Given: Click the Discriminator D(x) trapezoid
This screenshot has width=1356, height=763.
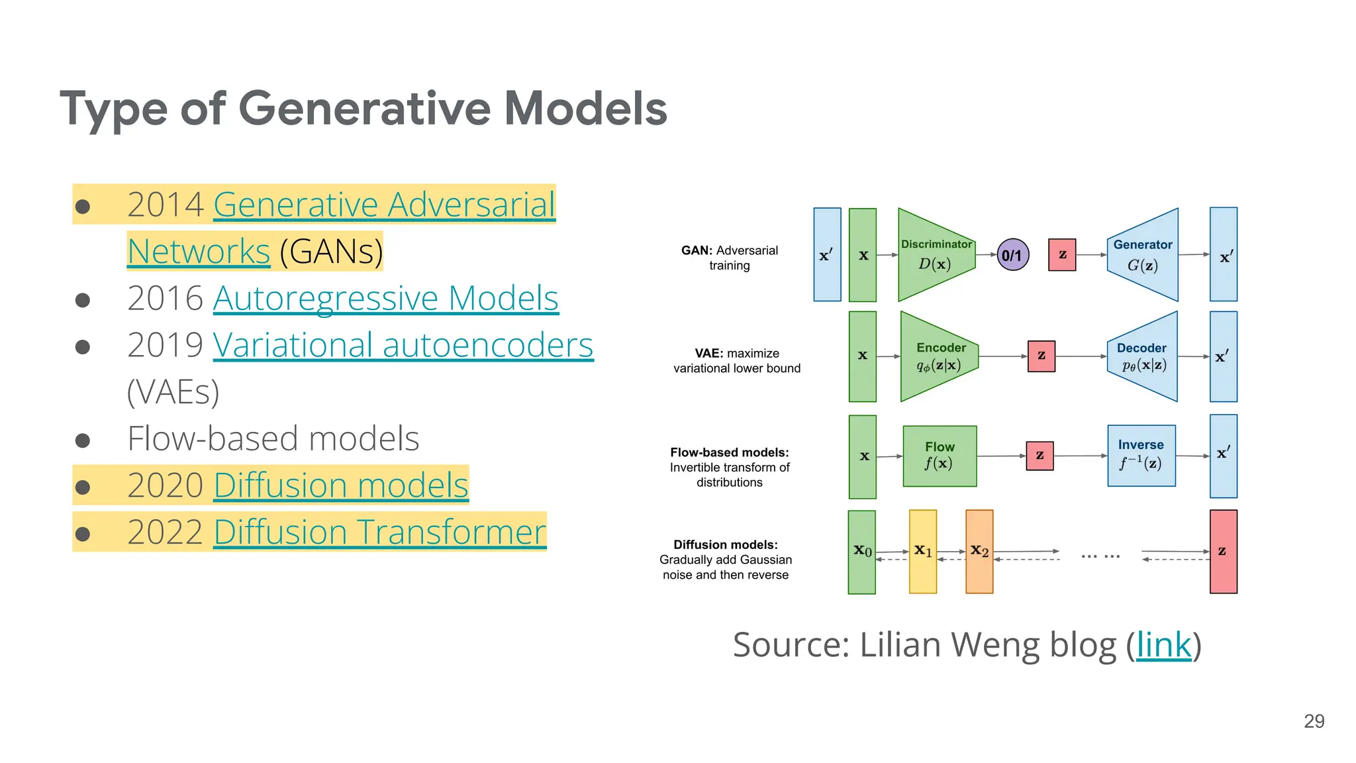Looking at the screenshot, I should coord(936,255).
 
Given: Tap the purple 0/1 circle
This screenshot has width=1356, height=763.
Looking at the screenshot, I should coord(1012,255).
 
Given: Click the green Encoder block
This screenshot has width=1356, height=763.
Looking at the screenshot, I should coord(938,356).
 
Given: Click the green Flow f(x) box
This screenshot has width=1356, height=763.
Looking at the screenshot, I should coord(940,456).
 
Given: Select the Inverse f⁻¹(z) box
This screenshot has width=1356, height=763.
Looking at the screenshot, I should coord(1141,456).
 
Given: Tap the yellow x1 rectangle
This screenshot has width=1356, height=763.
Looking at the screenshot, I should coord(923,551).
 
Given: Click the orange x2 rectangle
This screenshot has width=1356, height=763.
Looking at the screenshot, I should coord(979,551).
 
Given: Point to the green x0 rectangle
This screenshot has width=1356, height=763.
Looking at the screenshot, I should coord(861,551).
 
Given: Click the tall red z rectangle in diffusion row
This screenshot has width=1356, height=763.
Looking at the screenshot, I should coord(1223,551).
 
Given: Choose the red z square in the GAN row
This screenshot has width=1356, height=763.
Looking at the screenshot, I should coord(1062,255).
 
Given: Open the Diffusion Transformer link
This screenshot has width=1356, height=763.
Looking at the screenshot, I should coord(379,532).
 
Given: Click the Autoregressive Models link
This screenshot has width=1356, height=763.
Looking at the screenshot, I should coord(385,298).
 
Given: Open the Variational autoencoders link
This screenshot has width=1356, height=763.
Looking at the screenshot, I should coord(403,345).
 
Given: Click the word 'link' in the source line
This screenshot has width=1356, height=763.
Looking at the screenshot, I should coord(1163,644).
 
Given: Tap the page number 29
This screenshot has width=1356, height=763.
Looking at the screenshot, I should coord(1314,721).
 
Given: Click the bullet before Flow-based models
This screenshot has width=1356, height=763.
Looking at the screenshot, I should coord(83,440).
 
